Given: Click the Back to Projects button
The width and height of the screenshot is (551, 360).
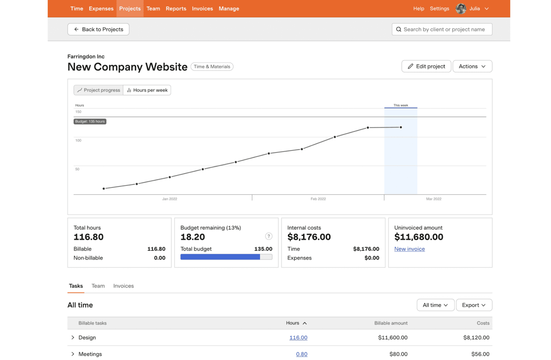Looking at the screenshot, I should [98, 29].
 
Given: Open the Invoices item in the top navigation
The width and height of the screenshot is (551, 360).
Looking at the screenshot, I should [202, 9].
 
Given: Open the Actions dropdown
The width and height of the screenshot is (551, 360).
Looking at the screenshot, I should [472, 66].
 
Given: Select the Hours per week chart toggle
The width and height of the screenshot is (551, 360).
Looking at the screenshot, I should [147, 90].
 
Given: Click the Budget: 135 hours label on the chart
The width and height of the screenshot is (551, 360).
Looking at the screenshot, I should [90, 122].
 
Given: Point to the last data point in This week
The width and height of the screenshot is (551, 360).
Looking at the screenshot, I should [401, 127].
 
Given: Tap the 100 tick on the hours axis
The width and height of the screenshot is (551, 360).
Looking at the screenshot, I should [79, 141].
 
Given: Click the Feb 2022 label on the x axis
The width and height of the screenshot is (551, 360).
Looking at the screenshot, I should [318, 199].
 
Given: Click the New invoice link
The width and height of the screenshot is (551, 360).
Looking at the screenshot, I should [409, 249].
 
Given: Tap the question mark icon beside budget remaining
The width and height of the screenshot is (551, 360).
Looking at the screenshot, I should [269, 236].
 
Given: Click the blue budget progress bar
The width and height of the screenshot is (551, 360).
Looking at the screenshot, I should [220, 257].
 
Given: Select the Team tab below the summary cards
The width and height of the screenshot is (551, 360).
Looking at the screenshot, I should [98, 286].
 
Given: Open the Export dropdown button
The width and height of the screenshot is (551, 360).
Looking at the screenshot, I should [474, 305].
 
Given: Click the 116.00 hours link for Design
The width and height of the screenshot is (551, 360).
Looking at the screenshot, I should [298, 338].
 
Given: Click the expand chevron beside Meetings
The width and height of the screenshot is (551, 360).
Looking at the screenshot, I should [73, 354].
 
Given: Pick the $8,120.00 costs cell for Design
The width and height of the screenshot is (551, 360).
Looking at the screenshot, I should [476, 338].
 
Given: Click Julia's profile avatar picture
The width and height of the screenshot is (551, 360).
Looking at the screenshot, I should [460, 9].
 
